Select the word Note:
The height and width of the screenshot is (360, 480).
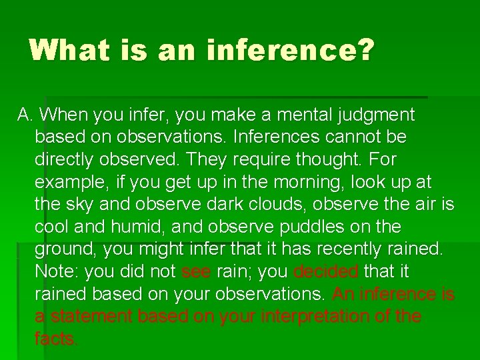57,272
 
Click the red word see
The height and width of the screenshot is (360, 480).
196,272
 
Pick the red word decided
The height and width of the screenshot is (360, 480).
325,272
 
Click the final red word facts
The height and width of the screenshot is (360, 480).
56,339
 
